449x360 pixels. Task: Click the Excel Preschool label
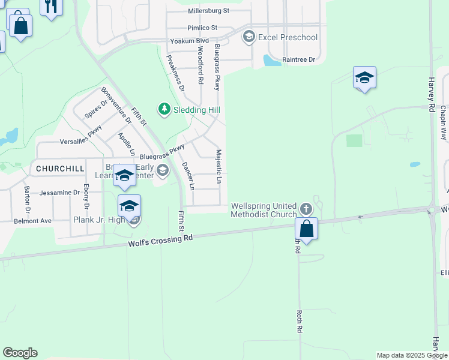coord(288,37)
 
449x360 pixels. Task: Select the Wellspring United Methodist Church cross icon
coord(306,209)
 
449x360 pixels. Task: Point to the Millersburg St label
coord(208,11)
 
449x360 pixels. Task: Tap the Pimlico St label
coord(201,28)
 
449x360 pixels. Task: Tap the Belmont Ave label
coord(33,221)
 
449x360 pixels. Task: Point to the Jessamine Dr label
coord(59,193)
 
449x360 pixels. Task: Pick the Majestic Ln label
coord(219,167)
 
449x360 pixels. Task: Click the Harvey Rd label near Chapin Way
coord(431,94)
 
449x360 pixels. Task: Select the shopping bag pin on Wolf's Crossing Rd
coord(306,229)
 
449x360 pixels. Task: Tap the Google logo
coord(20,353)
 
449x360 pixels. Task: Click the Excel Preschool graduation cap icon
coord(249,37)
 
